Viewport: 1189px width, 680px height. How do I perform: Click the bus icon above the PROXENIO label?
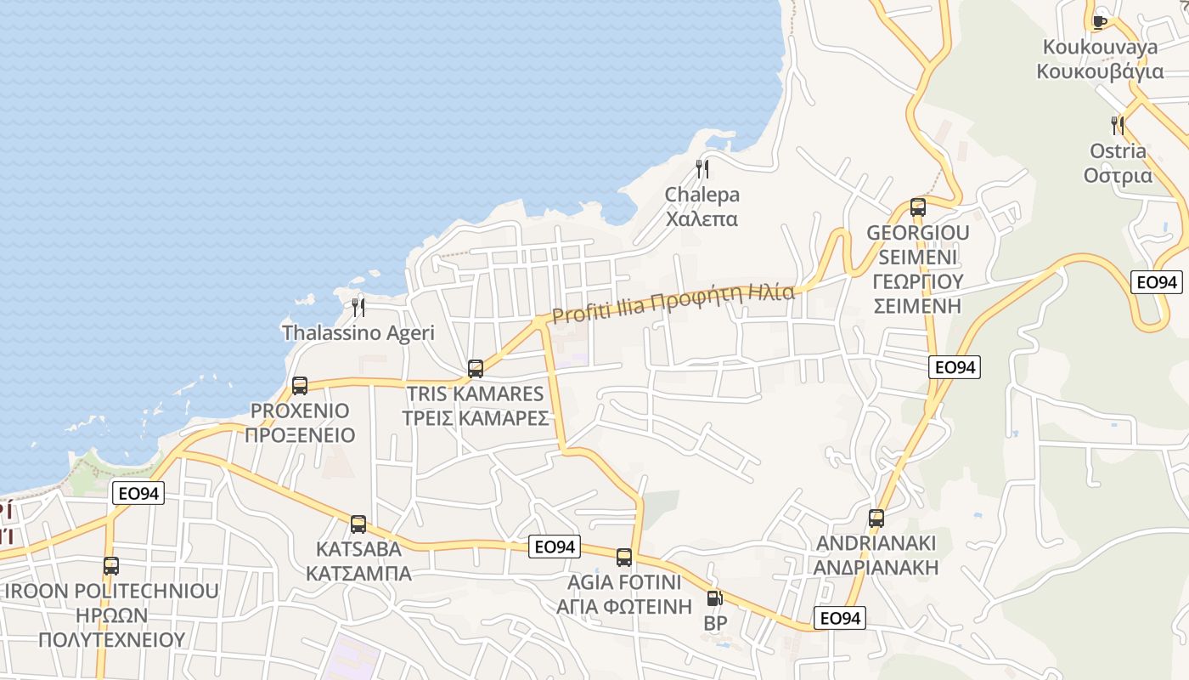click(300, 386)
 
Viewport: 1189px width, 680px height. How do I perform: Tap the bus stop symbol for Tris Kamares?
click(476, 369)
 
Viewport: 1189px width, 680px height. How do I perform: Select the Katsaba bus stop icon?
click(358, 524)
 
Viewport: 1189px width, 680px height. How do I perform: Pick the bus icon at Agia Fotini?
click(624, 558)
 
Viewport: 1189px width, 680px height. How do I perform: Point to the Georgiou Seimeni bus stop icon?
click(918, 207)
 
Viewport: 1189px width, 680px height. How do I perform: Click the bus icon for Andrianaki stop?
click(876, 518)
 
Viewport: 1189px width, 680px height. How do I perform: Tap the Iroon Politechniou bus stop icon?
click(111, 566)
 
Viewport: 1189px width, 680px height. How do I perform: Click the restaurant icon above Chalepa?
click(702, 168)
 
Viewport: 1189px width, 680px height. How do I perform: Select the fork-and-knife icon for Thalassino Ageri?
click(358, 307)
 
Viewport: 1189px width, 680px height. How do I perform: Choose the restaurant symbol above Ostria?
click(1118, 126)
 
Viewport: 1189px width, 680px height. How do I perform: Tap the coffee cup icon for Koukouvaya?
click(1100, 21)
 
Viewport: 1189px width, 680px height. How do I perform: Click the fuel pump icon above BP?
click(715, 598)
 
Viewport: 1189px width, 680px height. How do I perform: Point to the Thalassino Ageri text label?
click(358, 332)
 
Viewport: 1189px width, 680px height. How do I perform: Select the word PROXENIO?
click(300, 411)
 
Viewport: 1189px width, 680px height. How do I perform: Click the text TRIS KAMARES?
click(476, 394)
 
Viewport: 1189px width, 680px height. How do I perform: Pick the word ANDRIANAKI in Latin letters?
click(876, 543)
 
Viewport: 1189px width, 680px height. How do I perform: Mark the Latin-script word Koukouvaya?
click(1100, 47)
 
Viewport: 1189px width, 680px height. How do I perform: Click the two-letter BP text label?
click(715, 623)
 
